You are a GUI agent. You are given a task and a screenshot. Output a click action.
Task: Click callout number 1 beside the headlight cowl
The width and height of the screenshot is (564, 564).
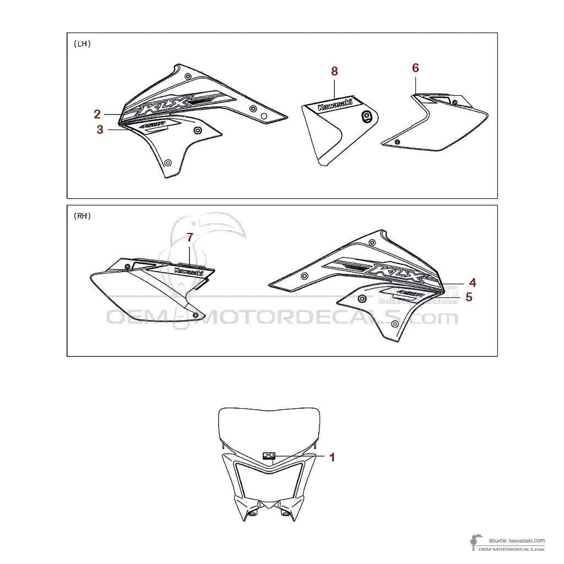[332, 457]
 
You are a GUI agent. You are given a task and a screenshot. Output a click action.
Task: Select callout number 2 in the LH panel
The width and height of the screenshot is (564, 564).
[97, 114]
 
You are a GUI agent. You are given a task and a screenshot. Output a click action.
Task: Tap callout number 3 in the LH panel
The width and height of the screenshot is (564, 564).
[100, 130]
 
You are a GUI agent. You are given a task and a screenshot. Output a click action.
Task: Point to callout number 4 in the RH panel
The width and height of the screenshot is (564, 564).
[473, 283]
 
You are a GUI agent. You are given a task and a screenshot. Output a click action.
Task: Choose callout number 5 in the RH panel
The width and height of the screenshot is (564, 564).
[469, 297]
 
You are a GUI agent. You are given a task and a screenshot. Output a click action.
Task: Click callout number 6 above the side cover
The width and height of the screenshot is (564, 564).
[415, 68]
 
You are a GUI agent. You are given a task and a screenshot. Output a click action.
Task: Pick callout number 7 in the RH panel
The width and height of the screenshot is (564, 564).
[190, 238]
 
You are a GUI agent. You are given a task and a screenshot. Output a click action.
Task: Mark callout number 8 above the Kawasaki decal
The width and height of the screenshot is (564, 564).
[334, 71]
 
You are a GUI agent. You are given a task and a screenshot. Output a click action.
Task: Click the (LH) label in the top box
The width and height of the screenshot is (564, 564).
[82, 44]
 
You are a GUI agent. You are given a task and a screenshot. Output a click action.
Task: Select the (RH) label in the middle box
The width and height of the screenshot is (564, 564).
[82, 216]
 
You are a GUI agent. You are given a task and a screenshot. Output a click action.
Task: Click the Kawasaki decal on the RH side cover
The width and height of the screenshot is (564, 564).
[189, 271]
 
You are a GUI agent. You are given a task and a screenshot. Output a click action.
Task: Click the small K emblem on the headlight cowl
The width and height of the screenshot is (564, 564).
[269, 455]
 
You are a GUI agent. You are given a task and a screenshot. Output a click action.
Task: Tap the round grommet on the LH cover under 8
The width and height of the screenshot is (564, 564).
[366, 115]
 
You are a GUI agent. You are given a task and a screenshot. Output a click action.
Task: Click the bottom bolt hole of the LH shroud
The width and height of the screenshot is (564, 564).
[169, 162]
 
